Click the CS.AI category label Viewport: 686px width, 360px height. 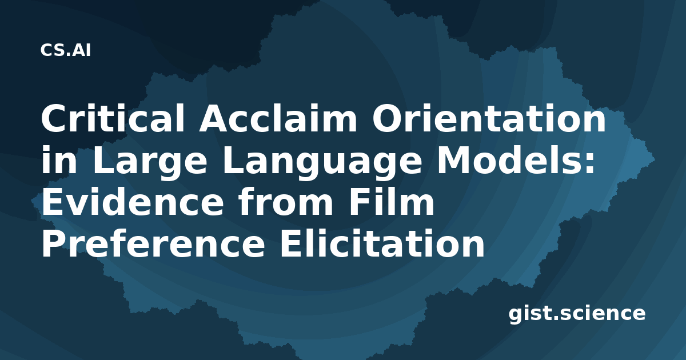[66, 50]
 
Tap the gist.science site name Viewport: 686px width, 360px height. [577, 314]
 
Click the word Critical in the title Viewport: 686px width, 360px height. [113, 118]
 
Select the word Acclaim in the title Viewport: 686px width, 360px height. [278, 118]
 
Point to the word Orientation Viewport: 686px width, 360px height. [489, 118]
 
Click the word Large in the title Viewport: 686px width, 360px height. [150, 160]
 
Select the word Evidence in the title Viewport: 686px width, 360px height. [132, 202]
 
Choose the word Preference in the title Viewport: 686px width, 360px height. [153, 244]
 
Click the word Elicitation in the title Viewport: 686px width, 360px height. [382, 244]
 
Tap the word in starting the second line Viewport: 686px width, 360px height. [59, 160]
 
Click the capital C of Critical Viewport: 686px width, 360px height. [54, 118]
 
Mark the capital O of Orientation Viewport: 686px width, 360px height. [388, 118]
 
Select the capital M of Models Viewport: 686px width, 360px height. [454, 160]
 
